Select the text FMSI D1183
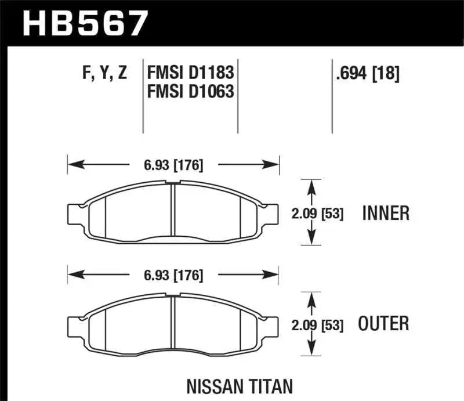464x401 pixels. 191,73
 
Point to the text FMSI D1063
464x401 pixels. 191,91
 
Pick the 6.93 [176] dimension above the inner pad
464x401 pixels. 173,165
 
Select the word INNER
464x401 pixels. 386,214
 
